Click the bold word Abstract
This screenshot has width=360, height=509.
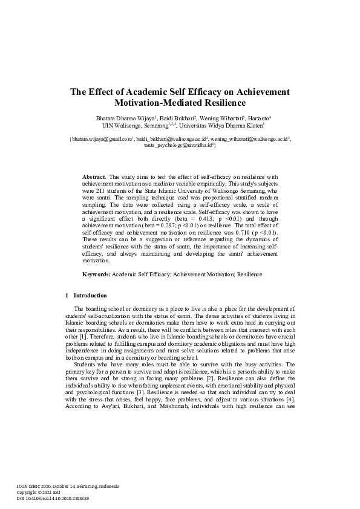[x=94, y=176]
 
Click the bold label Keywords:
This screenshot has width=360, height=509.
[x=96, y=274]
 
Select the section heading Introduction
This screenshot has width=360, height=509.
[x=90, y=296]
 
